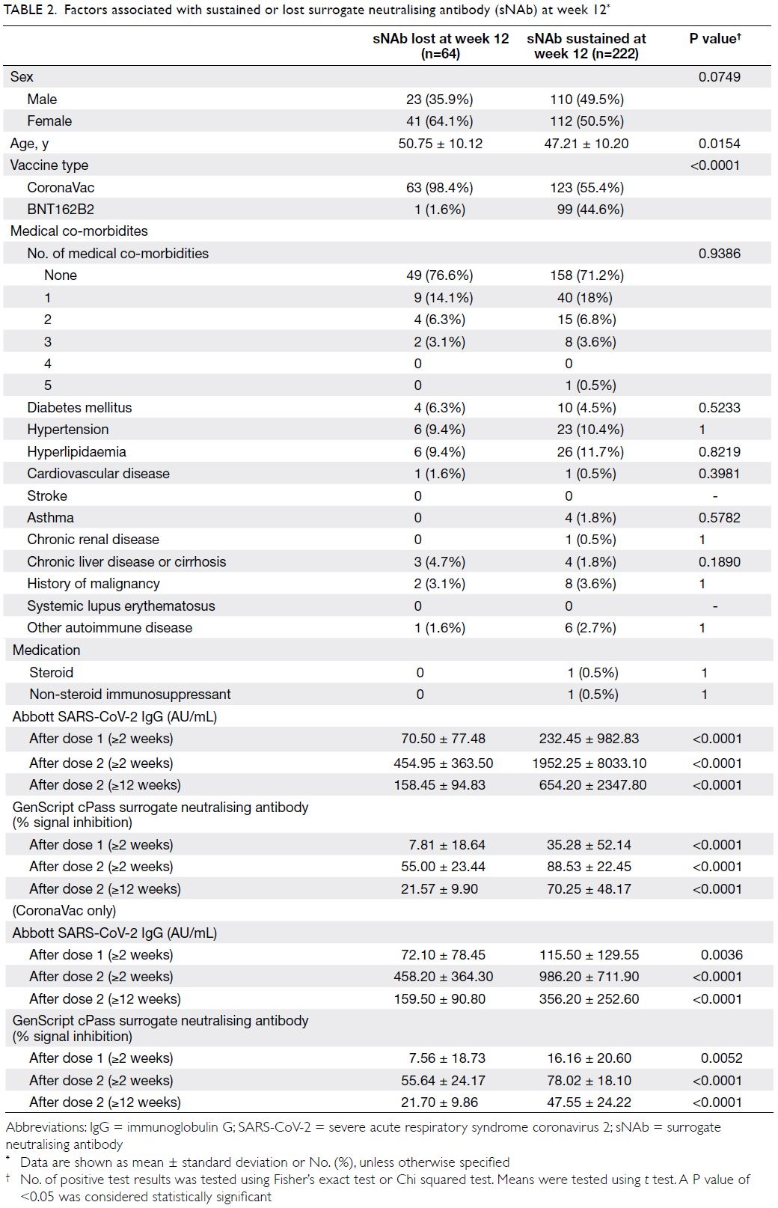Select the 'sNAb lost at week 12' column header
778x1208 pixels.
(x=441, y=46)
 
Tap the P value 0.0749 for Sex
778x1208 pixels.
(x=719, y=77)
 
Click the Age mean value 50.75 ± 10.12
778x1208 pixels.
(x=441, y=144)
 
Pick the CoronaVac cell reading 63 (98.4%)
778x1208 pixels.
(x=439, y=188)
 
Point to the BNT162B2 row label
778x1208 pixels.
(x=61, y=210)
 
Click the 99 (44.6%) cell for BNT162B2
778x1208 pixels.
(x=590, y=210)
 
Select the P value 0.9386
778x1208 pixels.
(x=719, y=254)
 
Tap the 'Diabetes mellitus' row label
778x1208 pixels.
(x=79, y=408)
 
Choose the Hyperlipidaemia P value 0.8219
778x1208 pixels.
(x=719, y=452)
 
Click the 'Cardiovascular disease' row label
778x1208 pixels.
(x=98, y=474)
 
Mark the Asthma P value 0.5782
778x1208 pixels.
(x=719, y=518)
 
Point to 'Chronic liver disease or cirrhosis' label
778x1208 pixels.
(x=126, y=562)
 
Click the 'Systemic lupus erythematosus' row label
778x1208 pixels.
(x=120, y=606)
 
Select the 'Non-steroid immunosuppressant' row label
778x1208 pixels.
(x=130, y=694)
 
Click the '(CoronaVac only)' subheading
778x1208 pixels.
(x=64, y=911)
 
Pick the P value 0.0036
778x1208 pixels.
(x=721, y=955)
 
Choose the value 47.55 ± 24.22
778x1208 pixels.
(x=589, y=1102)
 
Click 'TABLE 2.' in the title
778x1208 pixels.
(x=30, y=10)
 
